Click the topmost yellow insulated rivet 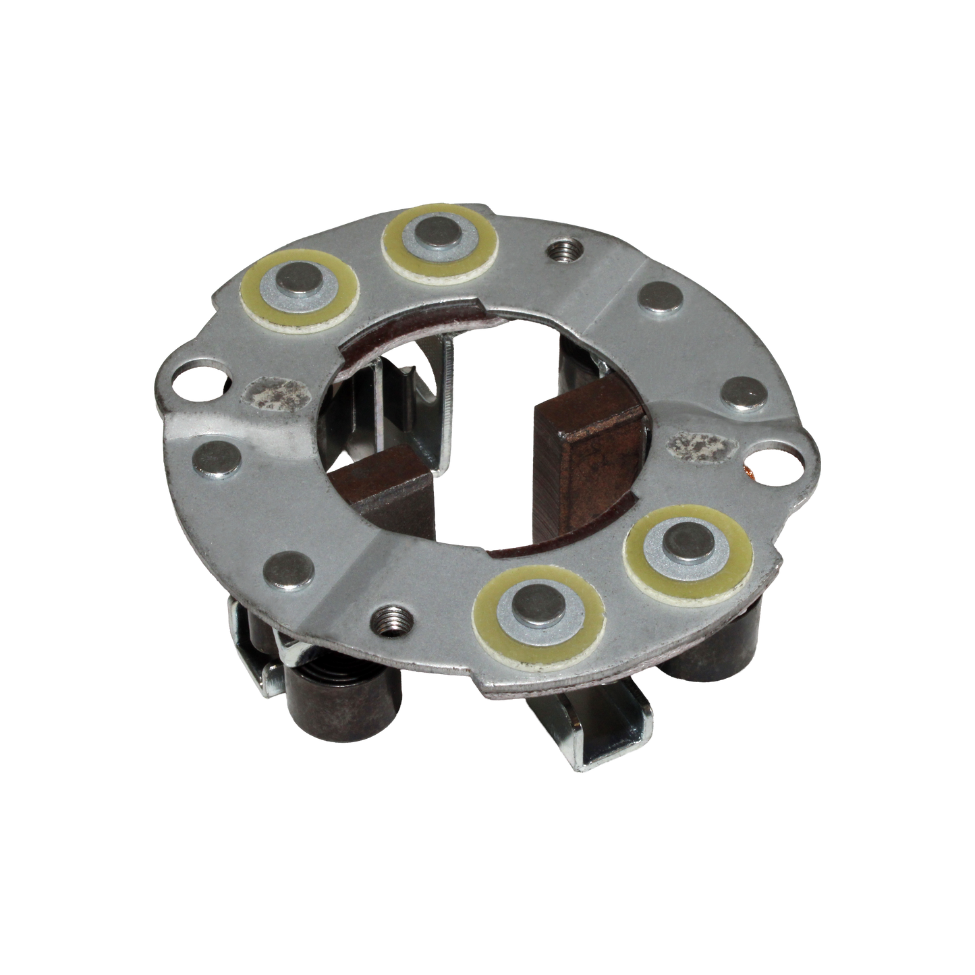pyautogui.click(x=441, y=238)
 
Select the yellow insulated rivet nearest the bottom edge pyautogui.click(x=540, y=602)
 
